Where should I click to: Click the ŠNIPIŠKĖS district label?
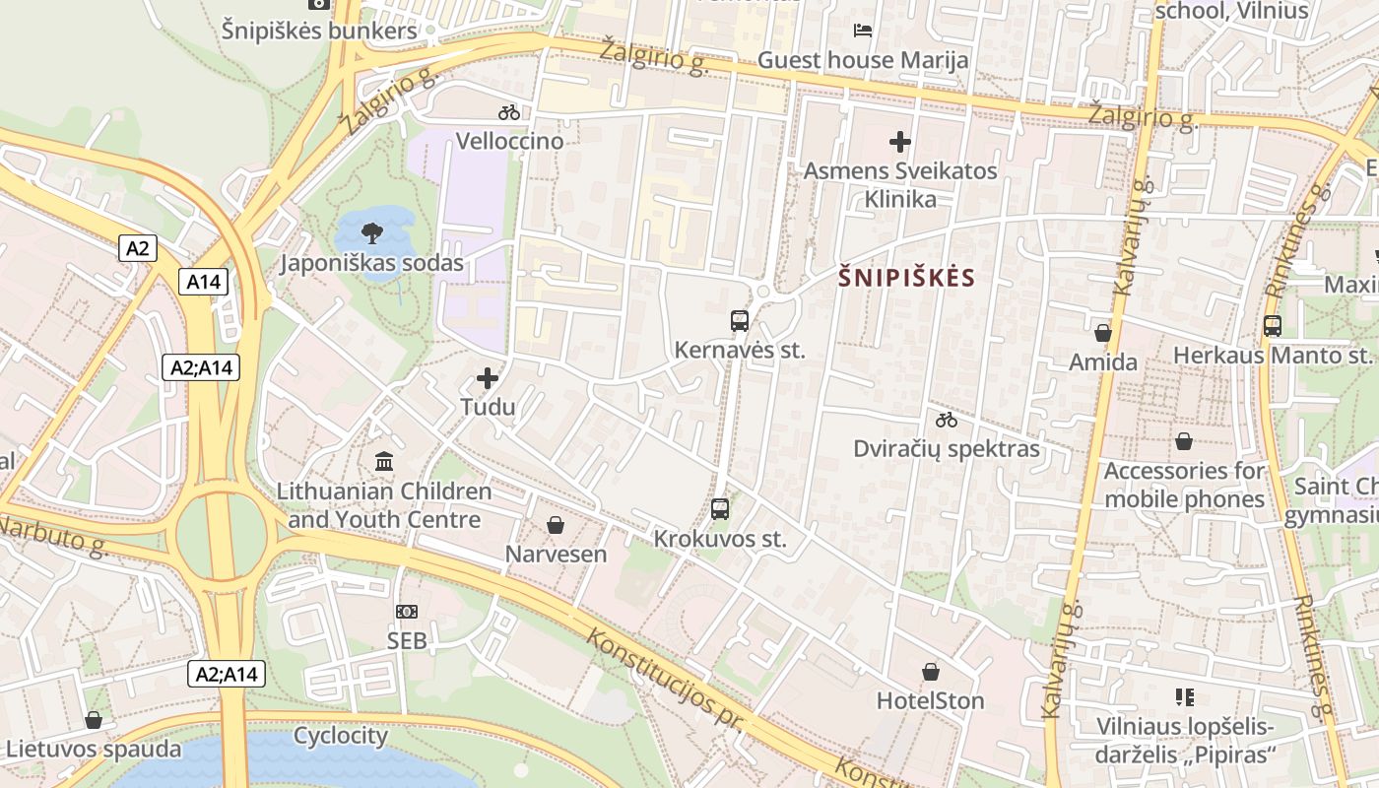tap(906, 278)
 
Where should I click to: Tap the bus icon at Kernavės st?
tap(740, 320)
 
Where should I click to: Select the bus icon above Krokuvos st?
tap(720, 509)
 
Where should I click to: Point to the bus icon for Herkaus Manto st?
tap(1273, 325)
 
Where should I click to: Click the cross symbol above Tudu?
tap(488, 377)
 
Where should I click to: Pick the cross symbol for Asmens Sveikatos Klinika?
tap(900, 142)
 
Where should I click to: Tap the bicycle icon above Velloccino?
tap(509, 112)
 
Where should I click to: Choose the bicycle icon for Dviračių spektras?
tap(947, 420)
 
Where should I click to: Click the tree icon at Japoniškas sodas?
tap(372, 233)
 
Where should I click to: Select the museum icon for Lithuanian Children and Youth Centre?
tap(384, 461)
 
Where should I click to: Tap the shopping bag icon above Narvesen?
tap(556, 525)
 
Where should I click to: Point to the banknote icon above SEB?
tap(407, 612)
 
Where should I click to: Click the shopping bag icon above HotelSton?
tap(931, 672)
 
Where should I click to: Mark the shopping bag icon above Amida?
tap(1103, 333)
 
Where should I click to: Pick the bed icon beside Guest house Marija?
tap(863, 30)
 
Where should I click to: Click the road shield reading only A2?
tap(138, 248)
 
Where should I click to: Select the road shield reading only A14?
tap(204, 282)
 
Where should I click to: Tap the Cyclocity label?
tap(341, 736)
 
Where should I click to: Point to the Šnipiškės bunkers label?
tap(319, 31)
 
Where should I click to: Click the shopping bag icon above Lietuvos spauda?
tap(94, 720)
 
